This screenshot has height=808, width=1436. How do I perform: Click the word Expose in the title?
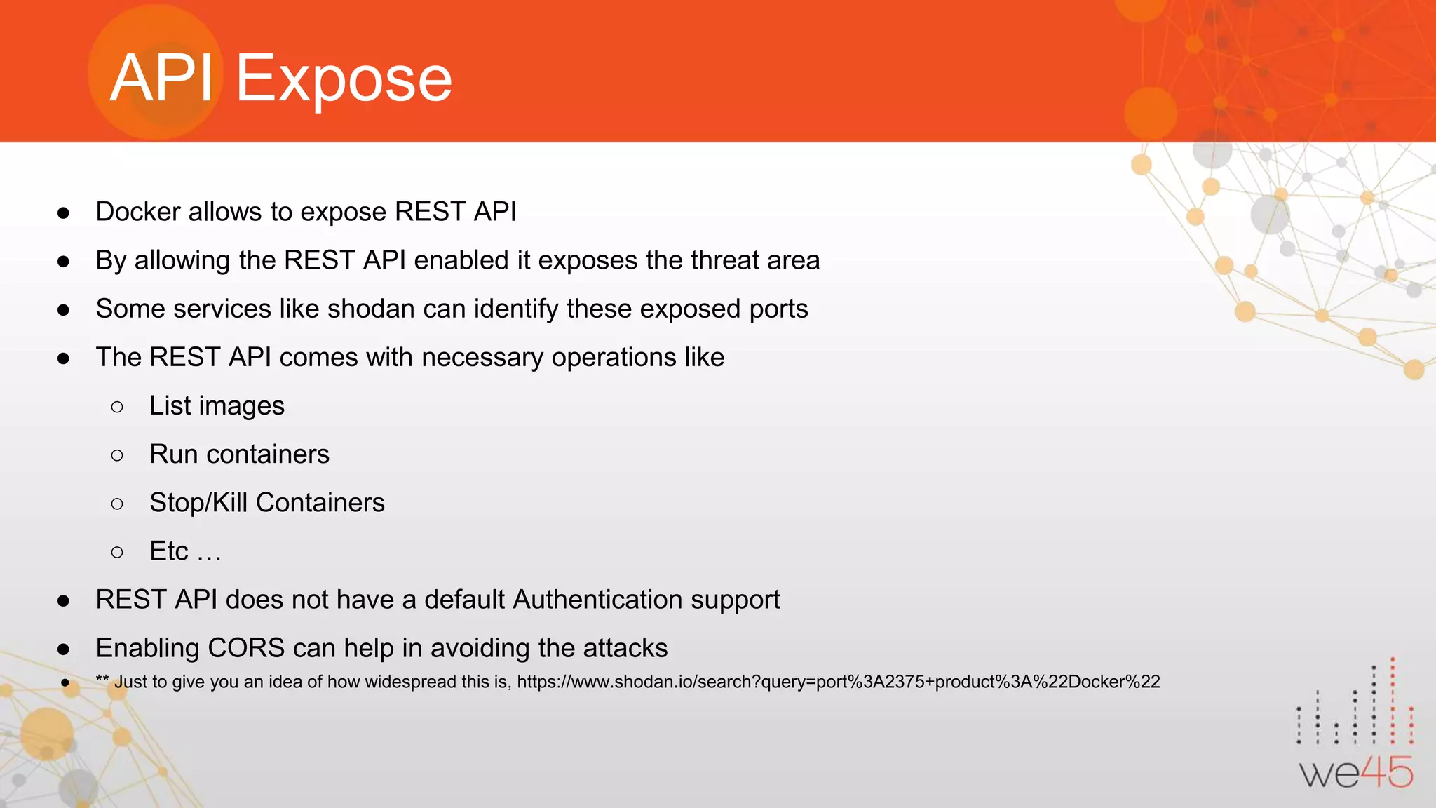coord(344,79)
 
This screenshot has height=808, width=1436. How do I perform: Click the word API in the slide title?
coord(162,79)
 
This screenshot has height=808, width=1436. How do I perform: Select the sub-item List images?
coord(217,406)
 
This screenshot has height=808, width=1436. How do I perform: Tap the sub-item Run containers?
coord(239,454)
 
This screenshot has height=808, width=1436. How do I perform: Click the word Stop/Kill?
coord(198,503)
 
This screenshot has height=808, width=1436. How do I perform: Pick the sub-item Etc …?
coord(185,551)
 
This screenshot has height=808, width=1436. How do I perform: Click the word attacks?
coord(625,648)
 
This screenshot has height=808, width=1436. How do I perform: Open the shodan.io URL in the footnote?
coord(838,682)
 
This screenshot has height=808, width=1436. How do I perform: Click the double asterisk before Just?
coord(102,680)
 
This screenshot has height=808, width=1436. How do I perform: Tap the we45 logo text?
coord(1356,773)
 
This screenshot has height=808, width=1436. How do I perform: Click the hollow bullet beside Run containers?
coord(117,456)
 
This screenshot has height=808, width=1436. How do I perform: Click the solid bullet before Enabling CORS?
coord(64,649)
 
